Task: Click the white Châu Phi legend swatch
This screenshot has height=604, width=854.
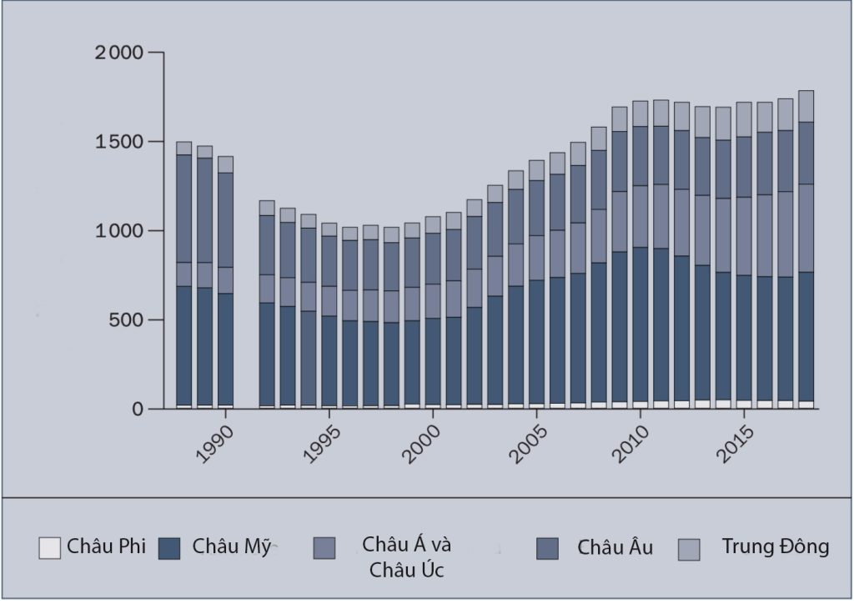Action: click(x=49, y=548)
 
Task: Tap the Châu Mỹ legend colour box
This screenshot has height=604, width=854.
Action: click(x=169, y=548)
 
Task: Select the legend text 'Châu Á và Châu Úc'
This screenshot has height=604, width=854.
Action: click(x=406, y=557)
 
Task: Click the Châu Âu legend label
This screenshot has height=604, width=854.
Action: click(x=615, y=548)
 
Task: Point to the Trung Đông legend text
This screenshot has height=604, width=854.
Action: click(x=775, y=547)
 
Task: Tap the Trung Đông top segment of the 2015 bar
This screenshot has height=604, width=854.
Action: click(x=744, y=119)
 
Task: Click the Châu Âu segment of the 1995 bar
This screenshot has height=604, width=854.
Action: click(x=329, y=261)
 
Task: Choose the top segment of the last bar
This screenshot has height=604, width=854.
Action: click(x=806, y=106)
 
